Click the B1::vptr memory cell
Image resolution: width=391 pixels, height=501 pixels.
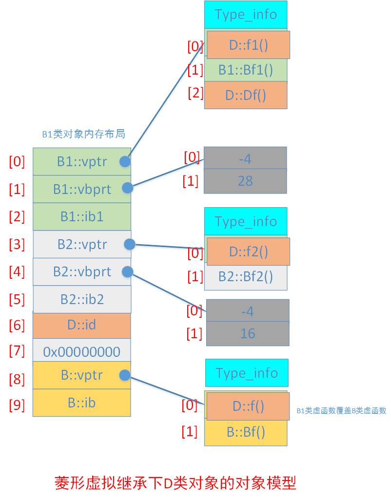coord(81,162)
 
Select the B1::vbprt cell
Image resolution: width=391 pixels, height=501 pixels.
coord(81,189)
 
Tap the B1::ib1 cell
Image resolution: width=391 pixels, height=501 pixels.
coord(81,216)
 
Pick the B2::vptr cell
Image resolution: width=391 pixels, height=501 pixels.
coord(81,244)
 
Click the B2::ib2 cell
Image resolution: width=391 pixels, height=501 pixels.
coord(81,299)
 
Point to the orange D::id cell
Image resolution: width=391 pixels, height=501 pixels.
coord(81,325)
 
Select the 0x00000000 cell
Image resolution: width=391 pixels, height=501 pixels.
coord(81,351)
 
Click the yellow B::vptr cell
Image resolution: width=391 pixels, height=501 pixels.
coord(81,375)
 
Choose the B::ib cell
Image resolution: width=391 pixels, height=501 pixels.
coord(81,403)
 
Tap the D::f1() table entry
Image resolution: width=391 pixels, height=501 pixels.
coord(248,45)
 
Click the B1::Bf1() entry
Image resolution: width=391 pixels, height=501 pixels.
coord(245,70)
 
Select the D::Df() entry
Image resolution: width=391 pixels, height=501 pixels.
coord(245,95)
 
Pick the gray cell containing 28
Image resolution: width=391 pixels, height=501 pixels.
coord(245,181)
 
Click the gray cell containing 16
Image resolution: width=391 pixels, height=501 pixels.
coord(248,334)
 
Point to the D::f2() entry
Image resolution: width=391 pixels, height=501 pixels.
coord(248,252)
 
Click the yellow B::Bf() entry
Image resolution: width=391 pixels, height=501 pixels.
coord(246,433)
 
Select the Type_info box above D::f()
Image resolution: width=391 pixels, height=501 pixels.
coord(247,373)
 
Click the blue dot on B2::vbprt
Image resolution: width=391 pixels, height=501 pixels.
coord(127,271)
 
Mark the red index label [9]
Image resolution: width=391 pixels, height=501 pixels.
coord(17,405)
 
